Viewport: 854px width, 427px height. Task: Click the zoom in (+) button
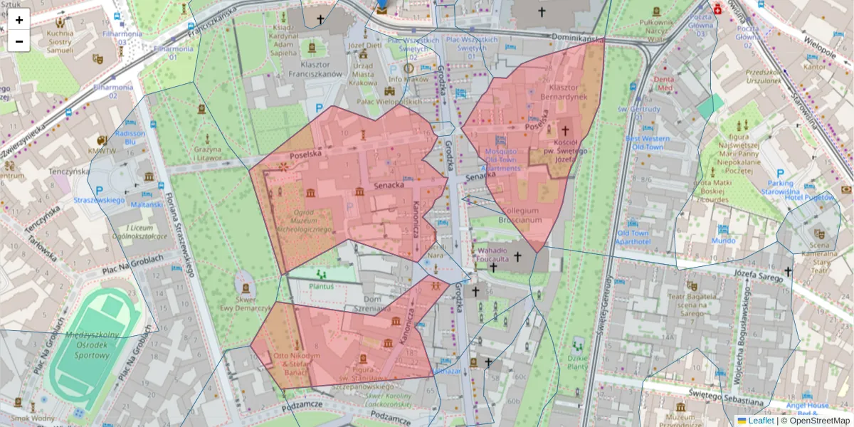tap(19, 19)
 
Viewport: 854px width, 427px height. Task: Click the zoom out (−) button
tap(19, 41)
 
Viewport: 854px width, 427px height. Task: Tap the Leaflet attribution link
tap(760, 421)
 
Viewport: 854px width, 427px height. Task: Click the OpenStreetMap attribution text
tap(815, 421)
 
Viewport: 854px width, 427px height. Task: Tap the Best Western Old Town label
tap(644, 142)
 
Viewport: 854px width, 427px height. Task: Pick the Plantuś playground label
tap(321, 285)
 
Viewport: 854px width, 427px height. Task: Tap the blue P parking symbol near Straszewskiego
tap(99, 190)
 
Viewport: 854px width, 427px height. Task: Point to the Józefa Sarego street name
tap(747, 273)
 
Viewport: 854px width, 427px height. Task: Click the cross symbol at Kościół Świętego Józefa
tap(565, 131)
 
